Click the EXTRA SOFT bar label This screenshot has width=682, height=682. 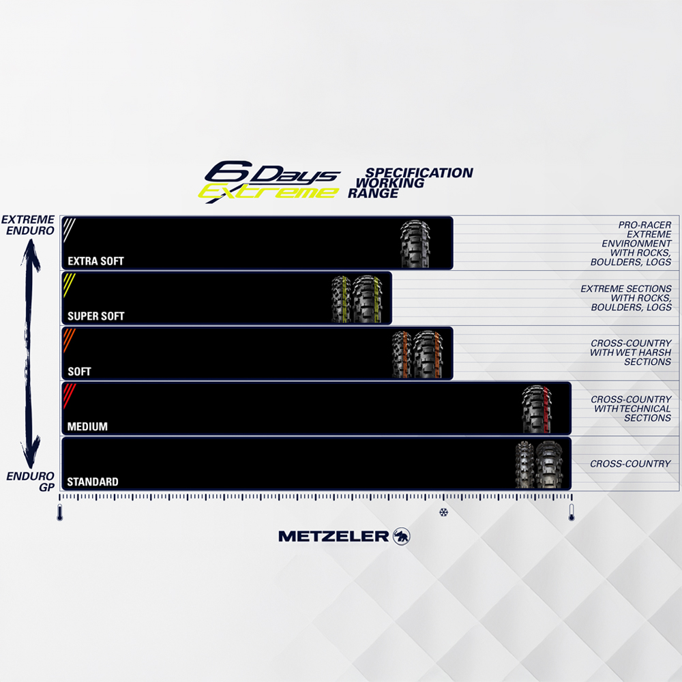click(x=95, y=261)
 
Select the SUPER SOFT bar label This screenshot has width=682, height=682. click(x=95, y=316)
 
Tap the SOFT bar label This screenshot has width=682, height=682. click(x=79, y=372)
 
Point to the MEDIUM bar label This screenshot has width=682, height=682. click(x=87, y=427)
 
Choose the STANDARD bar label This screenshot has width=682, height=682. click(x=92, y=482)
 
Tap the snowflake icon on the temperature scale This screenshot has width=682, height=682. click(x=443, y=512)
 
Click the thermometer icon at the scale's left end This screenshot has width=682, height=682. click(x=60, y=512)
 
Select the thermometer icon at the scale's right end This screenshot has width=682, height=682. click(x=572, y=512)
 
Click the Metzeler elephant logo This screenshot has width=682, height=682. click(x=402, y=536)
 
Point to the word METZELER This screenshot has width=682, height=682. click(x=333, y=537)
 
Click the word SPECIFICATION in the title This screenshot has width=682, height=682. click(x=419, y=173)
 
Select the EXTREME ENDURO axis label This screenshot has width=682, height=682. click(x=28, y=225)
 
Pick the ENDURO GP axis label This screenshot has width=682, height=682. click(x=31, y=481)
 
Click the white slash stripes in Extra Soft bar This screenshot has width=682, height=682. click(x=69, y=228)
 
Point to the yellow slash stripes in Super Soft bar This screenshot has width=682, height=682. click(x=69, y=284)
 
